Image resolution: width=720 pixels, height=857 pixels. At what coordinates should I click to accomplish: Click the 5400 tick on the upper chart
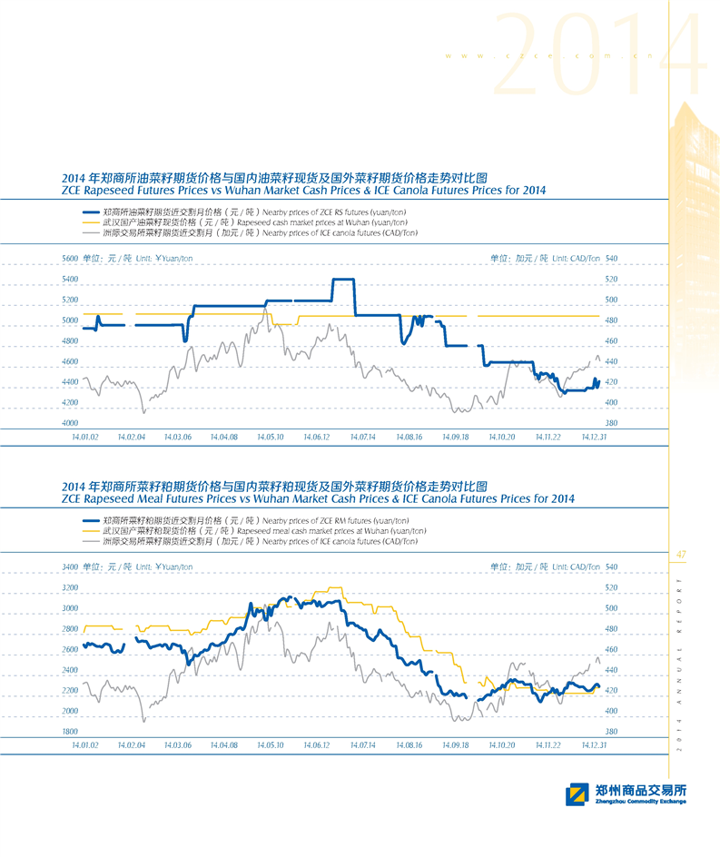coord(70,279)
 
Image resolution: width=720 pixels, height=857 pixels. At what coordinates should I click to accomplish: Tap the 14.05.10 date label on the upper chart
coord(270,437)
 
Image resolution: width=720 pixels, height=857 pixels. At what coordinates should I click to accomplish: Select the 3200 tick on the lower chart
coord(70,587)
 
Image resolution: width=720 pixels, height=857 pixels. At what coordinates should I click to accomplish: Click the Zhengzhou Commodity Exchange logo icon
coord(576,795)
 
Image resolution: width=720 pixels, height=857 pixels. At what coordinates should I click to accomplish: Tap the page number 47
coord(681,554)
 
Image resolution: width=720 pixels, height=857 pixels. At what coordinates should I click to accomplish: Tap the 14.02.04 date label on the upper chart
coord(132,437)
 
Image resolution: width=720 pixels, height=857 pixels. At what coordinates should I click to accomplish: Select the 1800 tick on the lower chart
coord(70,731)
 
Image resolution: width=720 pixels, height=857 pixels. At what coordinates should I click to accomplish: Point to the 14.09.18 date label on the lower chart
coord(455,744)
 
